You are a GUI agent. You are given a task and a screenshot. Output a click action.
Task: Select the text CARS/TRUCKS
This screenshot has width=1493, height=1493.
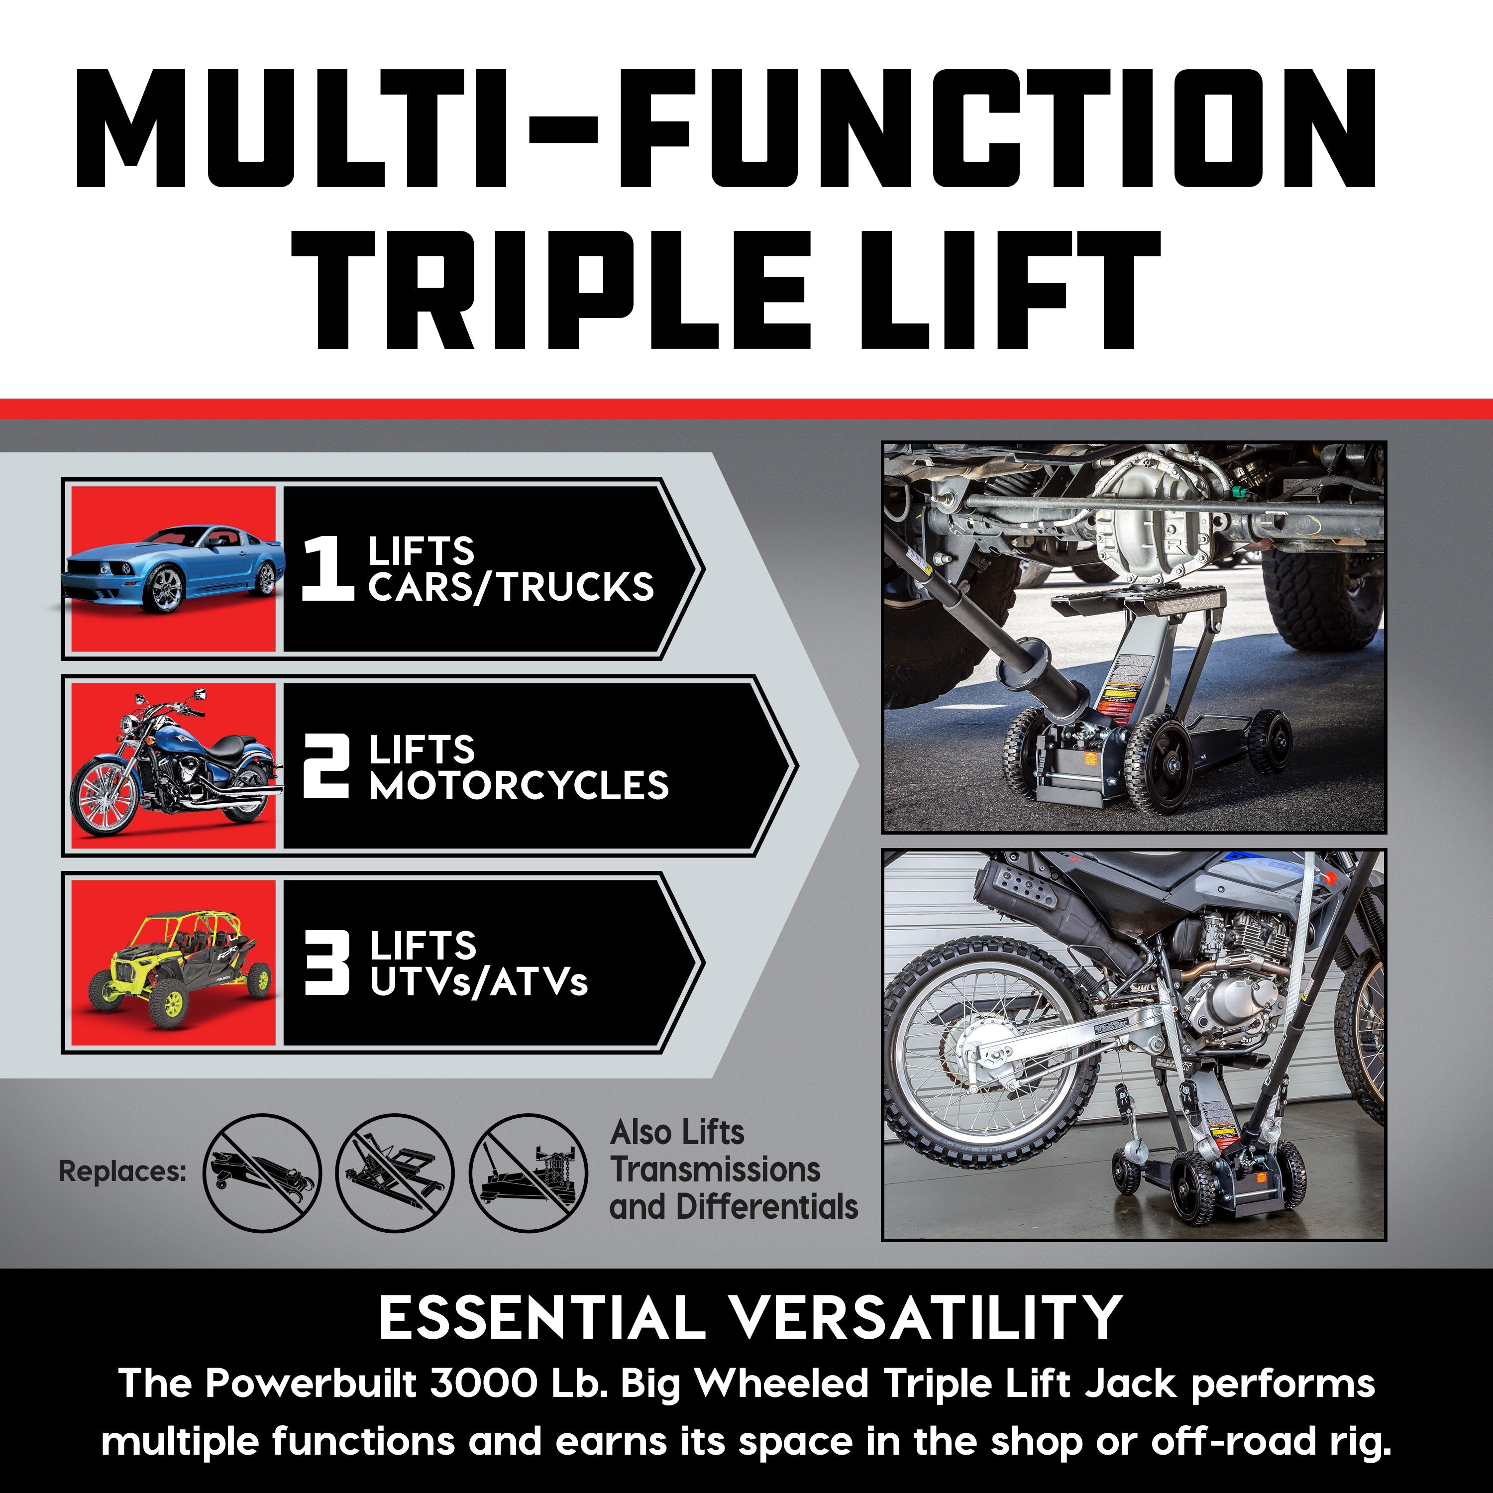(x=511, y=587)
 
